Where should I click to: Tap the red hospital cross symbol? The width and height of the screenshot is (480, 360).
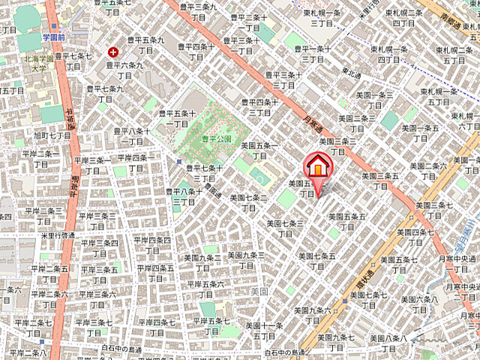(113, 52)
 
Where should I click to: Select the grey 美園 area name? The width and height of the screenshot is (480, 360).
(259, 291)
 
